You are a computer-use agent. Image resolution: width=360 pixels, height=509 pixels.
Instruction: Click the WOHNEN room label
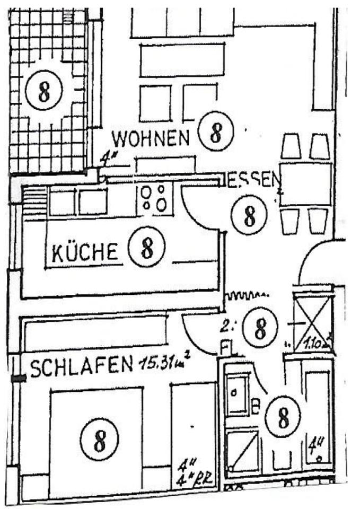pyautogui.click(x=151, y=139)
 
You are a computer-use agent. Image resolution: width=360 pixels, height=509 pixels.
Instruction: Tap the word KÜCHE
pyautogui.click(x=85, y=252)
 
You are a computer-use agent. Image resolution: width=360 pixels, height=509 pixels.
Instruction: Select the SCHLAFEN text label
pyautogui.click(x=81, y=366)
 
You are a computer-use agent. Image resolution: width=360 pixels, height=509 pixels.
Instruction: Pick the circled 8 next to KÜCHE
pyautogui.click(x=147, y=246)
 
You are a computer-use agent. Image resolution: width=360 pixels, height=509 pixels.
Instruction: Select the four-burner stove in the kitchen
pyautogui.click(x=155, y=198)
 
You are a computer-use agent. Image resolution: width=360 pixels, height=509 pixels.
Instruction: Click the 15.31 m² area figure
pyautogui.click(x=164, y=363)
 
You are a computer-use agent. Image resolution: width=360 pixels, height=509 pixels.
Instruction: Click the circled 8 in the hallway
pyautogui.click(x=260, y=327)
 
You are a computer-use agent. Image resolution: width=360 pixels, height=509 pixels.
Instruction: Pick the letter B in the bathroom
pyautogui.click(x=255, y=408)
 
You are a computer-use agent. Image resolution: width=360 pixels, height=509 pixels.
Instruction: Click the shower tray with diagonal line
pyautogui.click(x=242, y=451)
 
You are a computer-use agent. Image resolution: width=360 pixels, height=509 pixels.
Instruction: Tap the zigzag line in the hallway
pyautogui.click(x=248, y=295)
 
